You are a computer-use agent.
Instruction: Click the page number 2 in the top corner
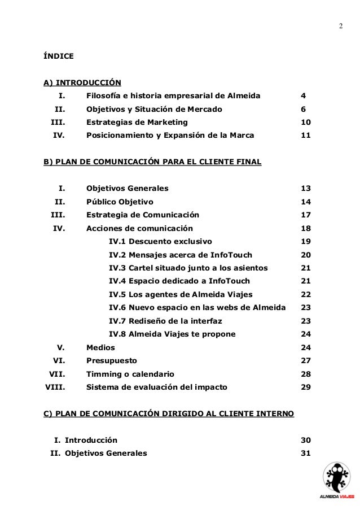pos(340,27)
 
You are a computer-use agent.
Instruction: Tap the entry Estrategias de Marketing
pos(137,122)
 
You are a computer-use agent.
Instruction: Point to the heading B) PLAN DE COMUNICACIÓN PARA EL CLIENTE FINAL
pos(152,162)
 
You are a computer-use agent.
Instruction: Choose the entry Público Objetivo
pos(119,202)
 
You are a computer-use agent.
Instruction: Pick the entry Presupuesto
pos(111,360)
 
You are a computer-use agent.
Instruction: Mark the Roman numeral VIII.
pos(55,387)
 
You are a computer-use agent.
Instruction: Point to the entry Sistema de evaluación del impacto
pos(156,387)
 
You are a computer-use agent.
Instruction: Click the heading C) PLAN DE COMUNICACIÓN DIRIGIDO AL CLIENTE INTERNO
pos(169,414)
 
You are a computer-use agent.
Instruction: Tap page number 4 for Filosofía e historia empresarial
pos(304,95)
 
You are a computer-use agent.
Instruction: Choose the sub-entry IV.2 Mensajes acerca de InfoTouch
pos(181,255)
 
